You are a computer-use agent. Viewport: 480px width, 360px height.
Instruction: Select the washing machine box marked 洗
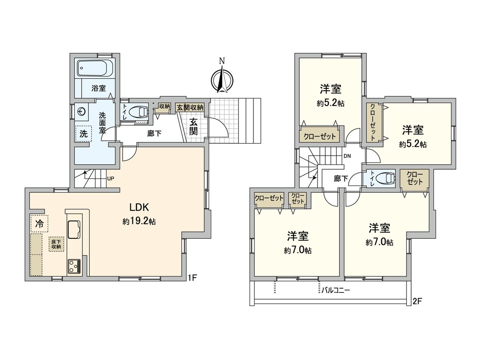click(83, 134)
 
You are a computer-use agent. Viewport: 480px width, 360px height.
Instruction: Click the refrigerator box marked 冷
click(39, 224)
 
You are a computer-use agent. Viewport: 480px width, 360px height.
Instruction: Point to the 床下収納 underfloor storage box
click(56, 244)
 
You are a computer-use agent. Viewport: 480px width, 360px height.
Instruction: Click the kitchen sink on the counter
click(74, 229)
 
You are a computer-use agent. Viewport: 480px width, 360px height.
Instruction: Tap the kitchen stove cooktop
click(74, 266)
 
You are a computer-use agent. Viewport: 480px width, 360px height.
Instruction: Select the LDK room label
click(139, 207)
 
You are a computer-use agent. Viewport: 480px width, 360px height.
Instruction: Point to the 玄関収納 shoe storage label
click(190, 107)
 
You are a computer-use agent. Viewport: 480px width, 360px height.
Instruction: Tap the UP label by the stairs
click(111, 179)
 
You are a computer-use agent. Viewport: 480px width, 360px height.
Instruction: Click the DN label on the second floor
click(347, 156)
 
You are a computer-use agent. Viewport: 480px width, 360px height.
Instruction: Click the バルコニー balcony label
click(336, 290)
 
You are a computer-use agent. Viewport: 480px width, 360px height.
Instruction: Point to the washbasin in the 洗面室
click(82, 112)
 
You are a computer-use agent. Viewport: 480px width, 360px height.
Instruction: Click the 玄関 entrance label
click(193, 126)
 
